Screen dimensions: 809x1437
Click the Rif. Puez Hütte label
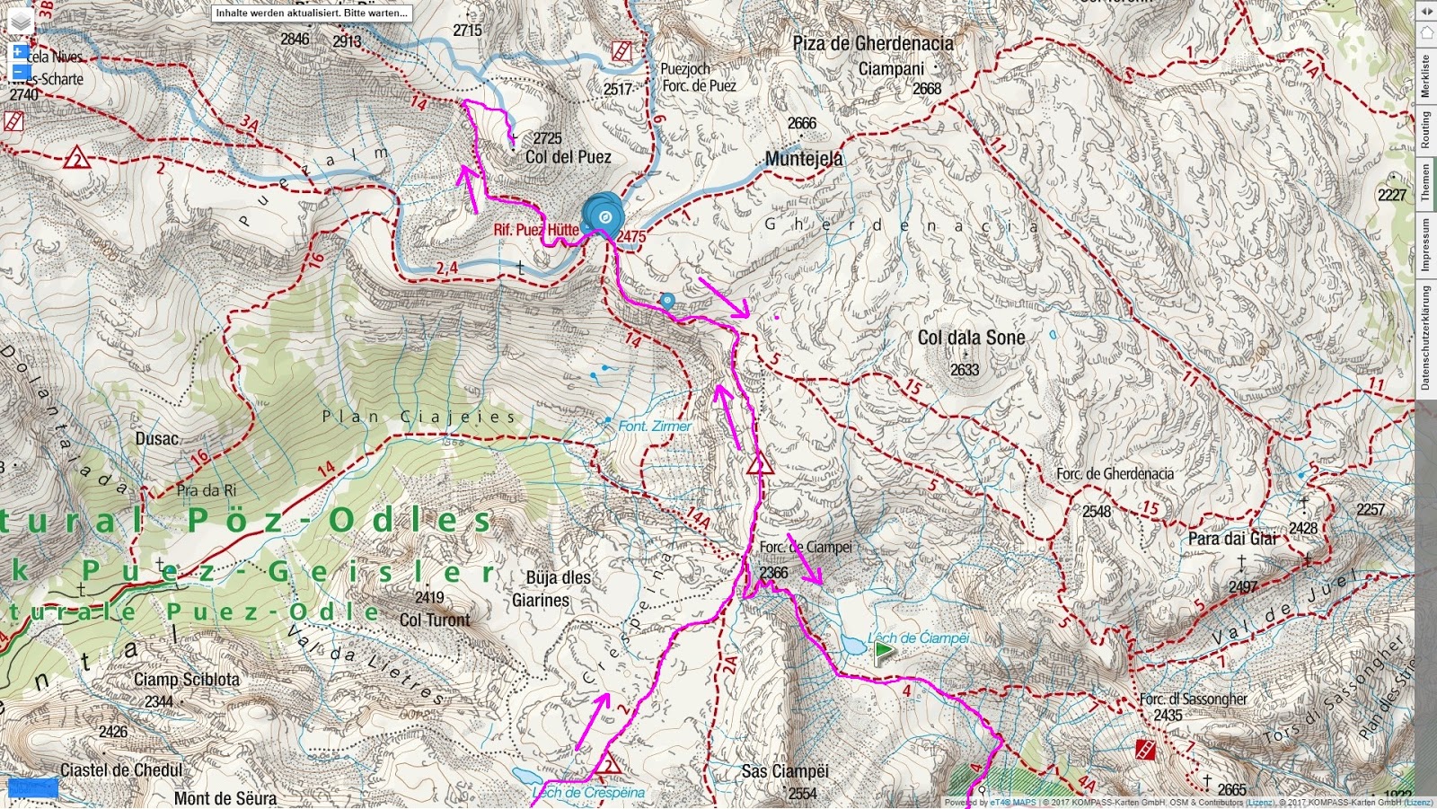[536, 230]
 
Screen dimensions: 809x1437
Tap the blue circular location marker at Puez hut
[604, 216]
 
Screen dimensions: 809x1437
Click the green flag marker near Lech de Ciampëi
[884, 651]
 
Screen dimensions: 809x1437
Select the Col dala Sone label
[971, 338]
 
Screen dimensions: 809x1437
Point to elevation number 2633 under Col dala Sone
[965, 369]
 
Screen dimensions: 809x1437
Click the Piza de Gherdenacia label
[873, 43]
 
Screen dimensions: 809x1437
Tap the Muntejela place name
[804, 159]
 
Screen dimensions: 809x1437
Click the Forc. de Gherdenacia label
[1114, 473]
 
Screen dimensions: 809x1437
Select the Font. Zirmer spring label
[655, 426]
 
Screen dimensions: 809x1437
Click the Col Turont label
[435, 620]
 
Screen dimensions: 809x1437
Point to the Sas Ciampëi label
[785, 771]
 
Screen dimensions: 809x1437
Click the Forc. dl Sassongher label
[1193, 699]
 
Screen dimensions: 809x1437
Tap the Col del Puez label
[568, 157]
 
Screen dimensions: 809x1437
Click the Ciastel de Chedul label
[121, 770]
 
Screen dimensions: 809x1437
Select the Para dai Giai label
[1232, 539]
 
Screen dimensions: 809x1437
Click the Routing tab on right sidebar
[1425, 130]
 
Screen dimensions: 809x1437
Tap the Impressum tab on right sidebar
[1425, 244]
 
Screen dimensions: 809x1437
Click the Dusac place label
[156, 438]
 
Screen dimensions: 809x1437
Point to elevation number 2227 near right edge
[1392, 195]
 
